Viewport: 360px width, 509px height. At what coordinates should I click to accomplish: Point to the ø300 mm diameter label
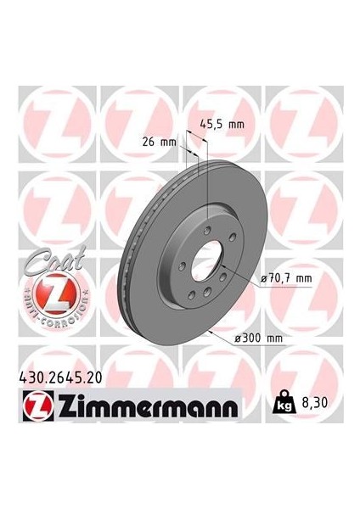[x=261, y=338]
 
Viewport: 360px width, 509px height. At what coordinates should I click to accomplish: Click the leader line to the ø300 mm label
[x=222, y=338]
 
